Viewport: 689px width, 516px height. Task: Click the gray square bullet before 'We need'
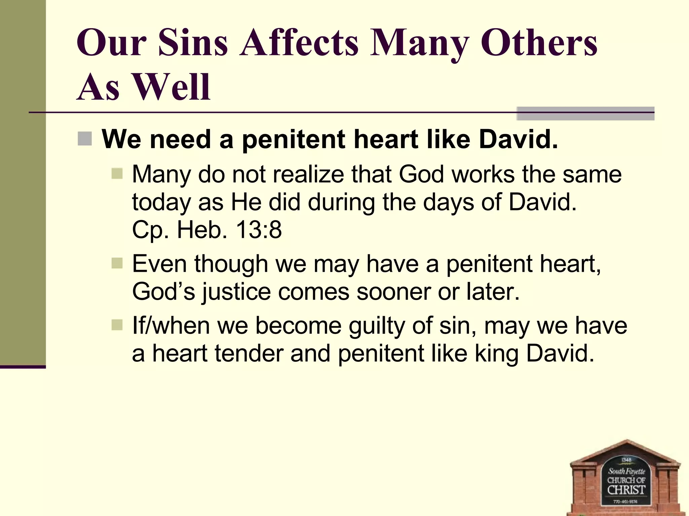[x=84, y=139]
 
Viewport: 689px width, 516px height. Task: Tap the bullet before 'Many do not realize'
[x=117, y=174]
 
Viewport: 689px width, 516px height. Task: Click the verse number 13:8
[x=259, y=230]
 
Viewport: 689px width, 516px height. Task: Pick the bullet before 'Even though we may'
[x=117, y=263]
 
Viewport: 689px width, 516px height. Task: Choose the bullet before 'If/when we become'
[x=117, y=325]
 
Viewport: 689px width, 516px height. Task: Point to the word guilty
[x=376, y=326]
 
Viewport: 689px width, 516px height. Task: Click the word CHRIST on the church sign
[x=626, y=490]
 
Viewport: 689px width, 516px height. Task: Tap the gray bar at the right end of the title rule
[x=585, y=114]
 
